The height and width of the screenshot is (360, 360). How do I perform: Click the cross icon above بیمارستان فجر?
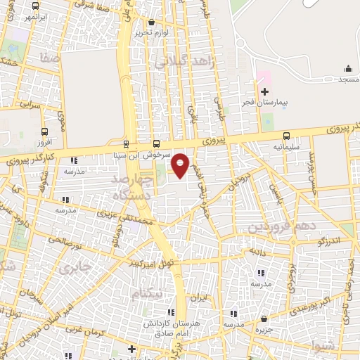point(264,91)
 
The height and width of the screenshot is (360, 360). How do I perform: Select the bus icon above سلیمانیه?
point(286,136)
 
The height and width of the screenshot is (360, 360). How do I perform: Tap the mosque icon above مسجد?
point(347,68)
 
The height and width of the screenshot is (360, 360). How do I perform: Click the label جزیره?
point(264,329)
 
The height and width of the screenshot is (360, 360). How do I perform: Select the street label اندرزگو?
point(329,241)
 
